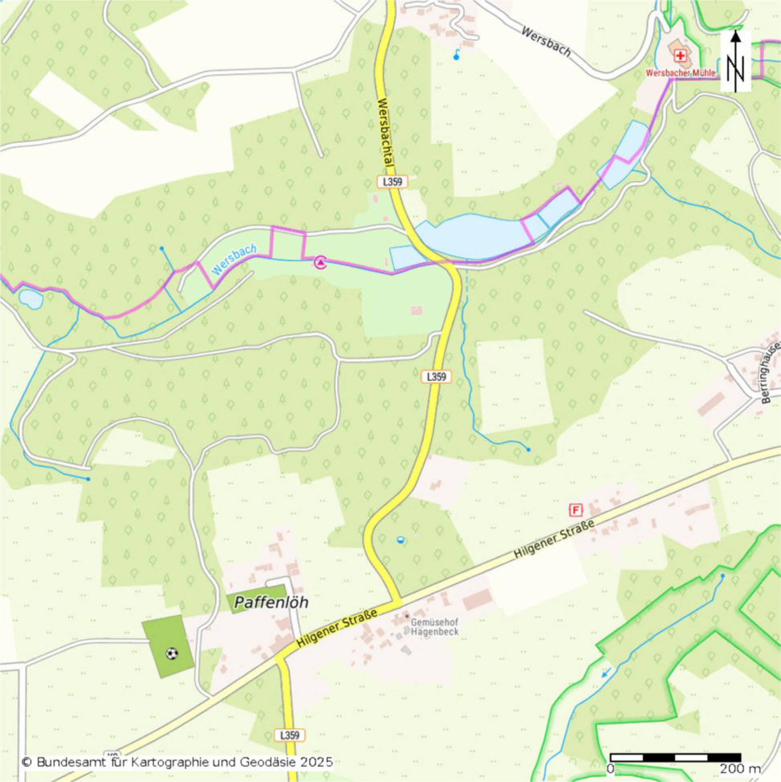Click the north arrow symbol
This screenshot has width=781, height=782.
(736, 61)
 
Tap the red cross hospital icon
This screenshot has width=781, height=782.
(680, 55)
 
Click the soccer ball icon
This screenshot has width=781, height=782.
(172, 653)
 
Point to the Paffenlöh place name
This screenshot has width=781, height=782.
(271, 602)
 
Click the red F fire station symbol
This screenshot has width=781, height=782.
(576, 510)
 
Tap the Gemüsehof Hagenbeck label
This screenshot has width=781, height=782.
(435, 626)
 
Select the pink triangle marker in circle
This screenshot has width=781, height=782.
(321, 263)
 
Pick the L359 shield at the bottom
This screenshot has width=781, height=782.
(289, 735)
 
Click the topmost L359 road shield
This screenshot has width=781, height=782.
(393, 182)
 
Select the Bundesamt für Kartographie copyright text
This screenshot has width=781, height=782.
(177, 763)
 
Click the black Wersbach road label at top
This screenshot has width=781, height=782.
(546, 42)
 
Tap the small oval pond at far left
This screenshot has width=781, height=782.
(31, 299)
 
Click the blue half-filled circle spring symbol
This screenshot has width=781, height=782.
(401, 540)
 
